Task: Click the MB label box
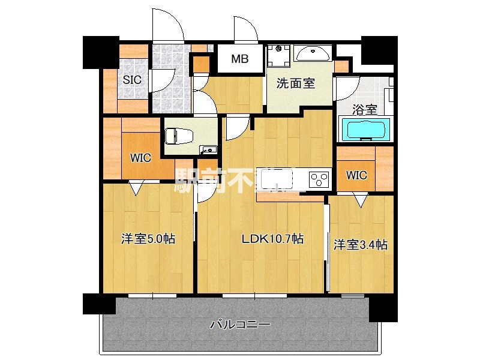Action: click(239, 59)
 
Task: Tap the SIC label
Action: click(132, 79)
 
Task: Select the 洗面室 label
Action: click(295, 84)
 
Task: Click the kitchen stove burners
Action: click(319, 179)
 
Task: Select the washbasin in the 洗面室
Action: click(312, 54)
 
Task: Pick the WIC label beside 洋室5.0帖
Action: click(141, 158)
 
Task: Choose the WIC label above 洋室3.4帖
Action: click(356, 175)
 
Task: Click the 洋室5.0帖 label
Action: click(148, 239)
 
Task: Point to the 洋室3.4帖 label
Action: click(360, 244)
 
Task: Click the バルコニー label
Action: click(240, 325)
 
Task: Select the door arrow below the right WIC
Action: click(359, 200)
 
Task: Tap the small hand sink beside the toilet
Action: click(208, 149)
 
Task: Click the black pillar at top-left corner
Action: click(100, 52)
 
